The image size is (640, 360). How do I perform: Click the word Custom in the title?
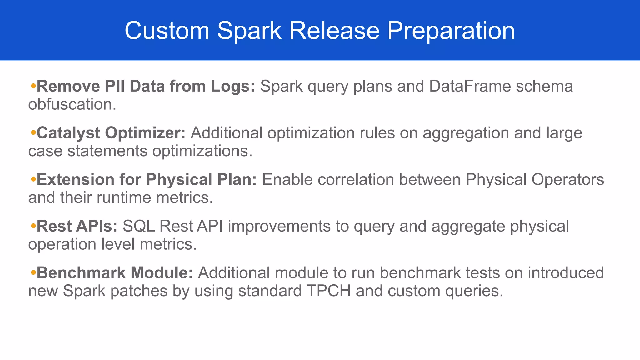click(x=167, y=31)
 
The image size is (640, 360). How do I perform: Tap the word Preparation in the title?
click(x=451, y=31)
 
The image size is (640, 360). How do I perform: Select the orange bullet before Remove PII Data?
click(x=33, y=86)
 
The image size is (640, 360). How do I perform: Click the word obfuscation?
click(x=72, y=104)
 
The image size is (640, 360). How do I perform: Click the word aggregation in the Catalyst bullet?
click(x=466, y=133)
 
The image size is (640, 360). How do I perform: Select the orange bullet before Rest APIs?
click(x=33, y=226)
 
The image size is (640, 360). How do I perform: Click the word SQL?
click(x=138, y=226)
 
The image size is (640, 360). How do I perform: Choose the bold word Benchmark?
click(x=81, y=273)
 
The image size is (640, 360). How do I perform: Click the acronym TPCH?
click(x=328, y=291)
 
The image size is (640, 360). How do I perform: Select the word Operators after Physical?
click(x=567, y=180)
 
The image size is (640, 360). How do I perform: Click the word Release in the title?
click(x=334, y=31)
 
